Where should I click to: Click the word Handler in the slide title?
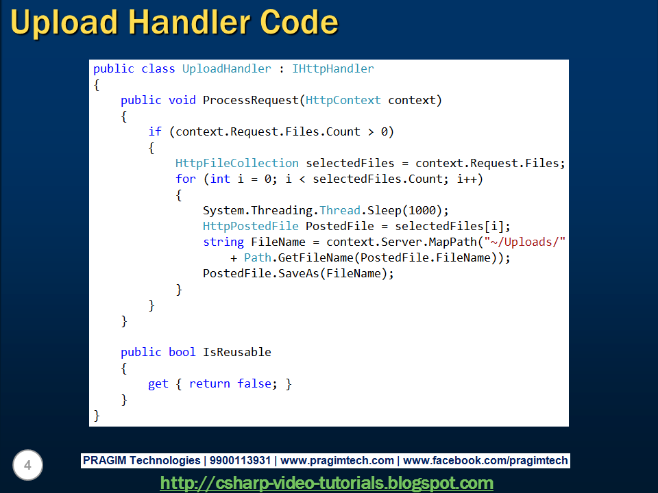coord(187,23)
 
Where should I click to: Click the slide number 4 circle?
coord(27,466)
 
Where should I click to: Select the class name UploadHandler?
coord(227,68)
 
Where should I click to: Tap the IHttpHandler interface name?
coord(333,68)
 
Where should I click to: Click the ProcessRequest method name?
coord(251,100)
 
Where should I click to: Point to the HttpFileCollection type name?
coord(237,163)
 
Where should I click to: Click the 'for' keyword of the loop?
coord(186,179)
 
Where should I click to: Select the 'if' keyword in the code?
coord(155,131)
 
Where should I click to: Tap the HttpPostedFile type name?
coord(251,226)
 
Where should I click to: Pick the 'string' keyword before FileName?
coord(223,242)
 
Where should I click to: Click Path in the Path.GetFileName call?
coord(258,257)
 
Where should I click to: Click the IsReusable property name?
coord(237,352)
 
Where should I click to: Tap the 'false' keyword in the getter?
coord(254,383)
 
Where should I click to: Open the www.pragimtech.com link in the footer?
coord(337,461)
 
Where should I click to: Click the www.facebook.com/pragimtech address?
coord(486,461)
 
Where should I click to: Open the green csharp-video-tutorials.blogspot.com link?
coord(327,483)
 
